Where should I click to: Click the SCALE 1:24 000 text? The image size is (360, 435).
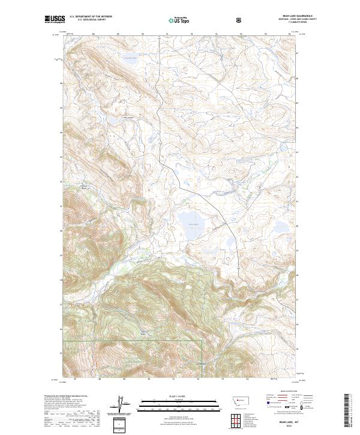click(170, 396)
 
